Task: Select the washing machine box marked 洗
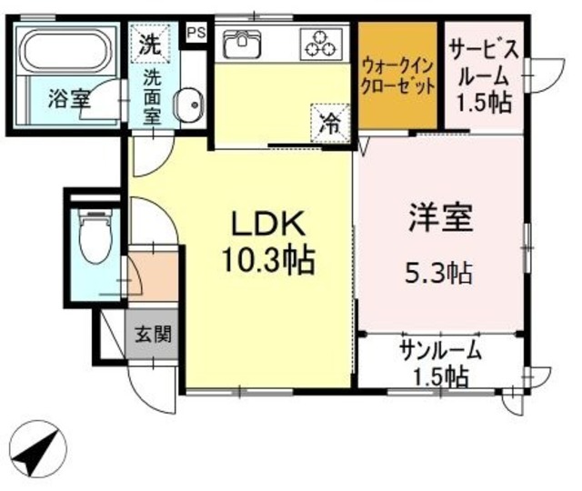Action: tap(148, 43)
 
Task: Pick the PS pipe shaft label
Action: tap(196, 31)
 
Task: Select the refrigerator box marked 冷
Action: tap(329, 123)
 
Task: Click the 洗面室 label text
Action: tap(151, 95)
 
